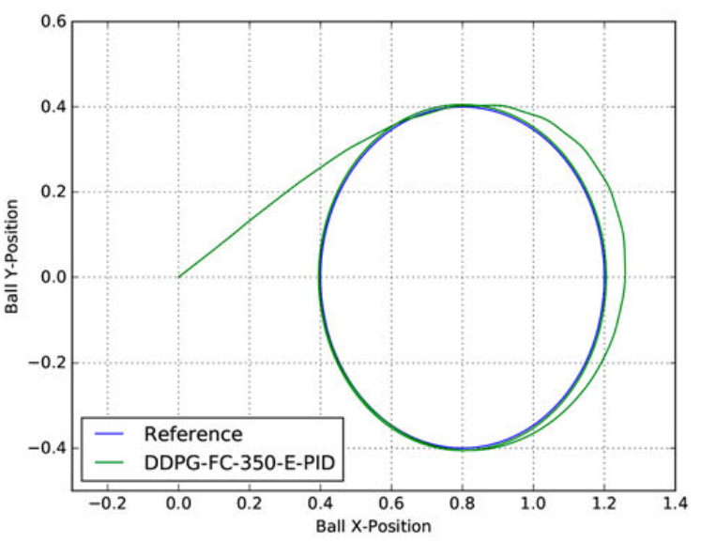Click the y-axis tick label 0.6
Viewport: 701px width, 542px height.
point(53,21)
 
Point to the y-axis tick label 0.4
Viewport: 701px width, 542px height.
point(53,106)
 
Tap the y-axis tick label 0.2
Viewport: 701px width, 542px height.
point(53,192)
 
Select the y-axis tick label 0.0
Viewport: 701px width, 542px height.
point(53,277)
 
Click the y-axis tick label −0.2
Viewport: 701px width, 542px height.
point(48,363)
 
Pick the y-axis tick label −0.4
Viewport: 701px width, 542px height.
point(48,448)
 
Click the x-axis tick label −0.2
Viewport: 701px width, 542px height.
point(104,504)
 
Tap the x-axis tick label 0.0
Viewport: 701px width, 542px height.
point(178,504)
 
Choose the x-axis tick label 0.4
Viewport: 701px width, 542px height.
point(320,504)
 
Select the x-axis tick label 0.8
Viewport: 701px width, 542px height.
point(462,504)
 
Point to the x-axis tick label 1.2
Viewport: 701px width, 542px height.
point(603,504)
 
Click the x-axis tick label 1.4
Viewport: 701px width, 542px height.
point(674,504)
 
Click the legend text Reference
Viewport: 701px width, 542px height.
point(192,434)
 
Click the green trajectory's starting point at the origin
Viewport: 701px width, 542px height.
point(178,277)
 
